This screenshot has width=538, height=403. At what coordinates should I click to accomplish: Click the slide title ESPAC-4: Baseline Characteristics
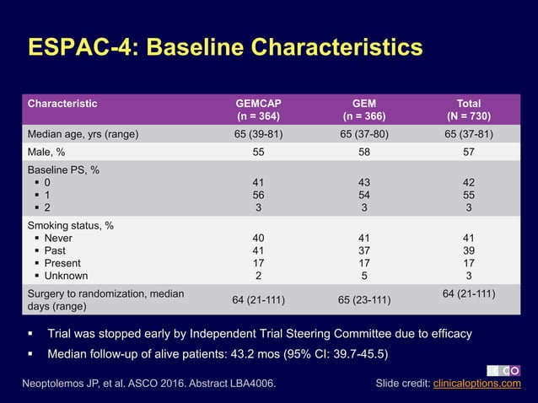(225, 47)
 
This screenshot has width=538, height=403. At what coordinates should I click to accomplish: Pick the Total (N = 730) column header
(469, 110)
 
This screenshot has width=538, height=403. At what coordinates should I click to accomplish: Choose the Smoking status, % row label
(71, 226)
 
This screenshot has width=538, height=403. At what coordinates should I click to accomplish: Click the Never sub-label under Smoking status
(58, 239)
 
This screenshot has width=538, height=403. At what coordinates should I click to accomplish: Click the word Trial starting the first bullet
(62, 334)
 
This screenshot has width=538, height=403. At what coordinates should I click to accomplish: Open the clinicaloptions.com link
(476, 384)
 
